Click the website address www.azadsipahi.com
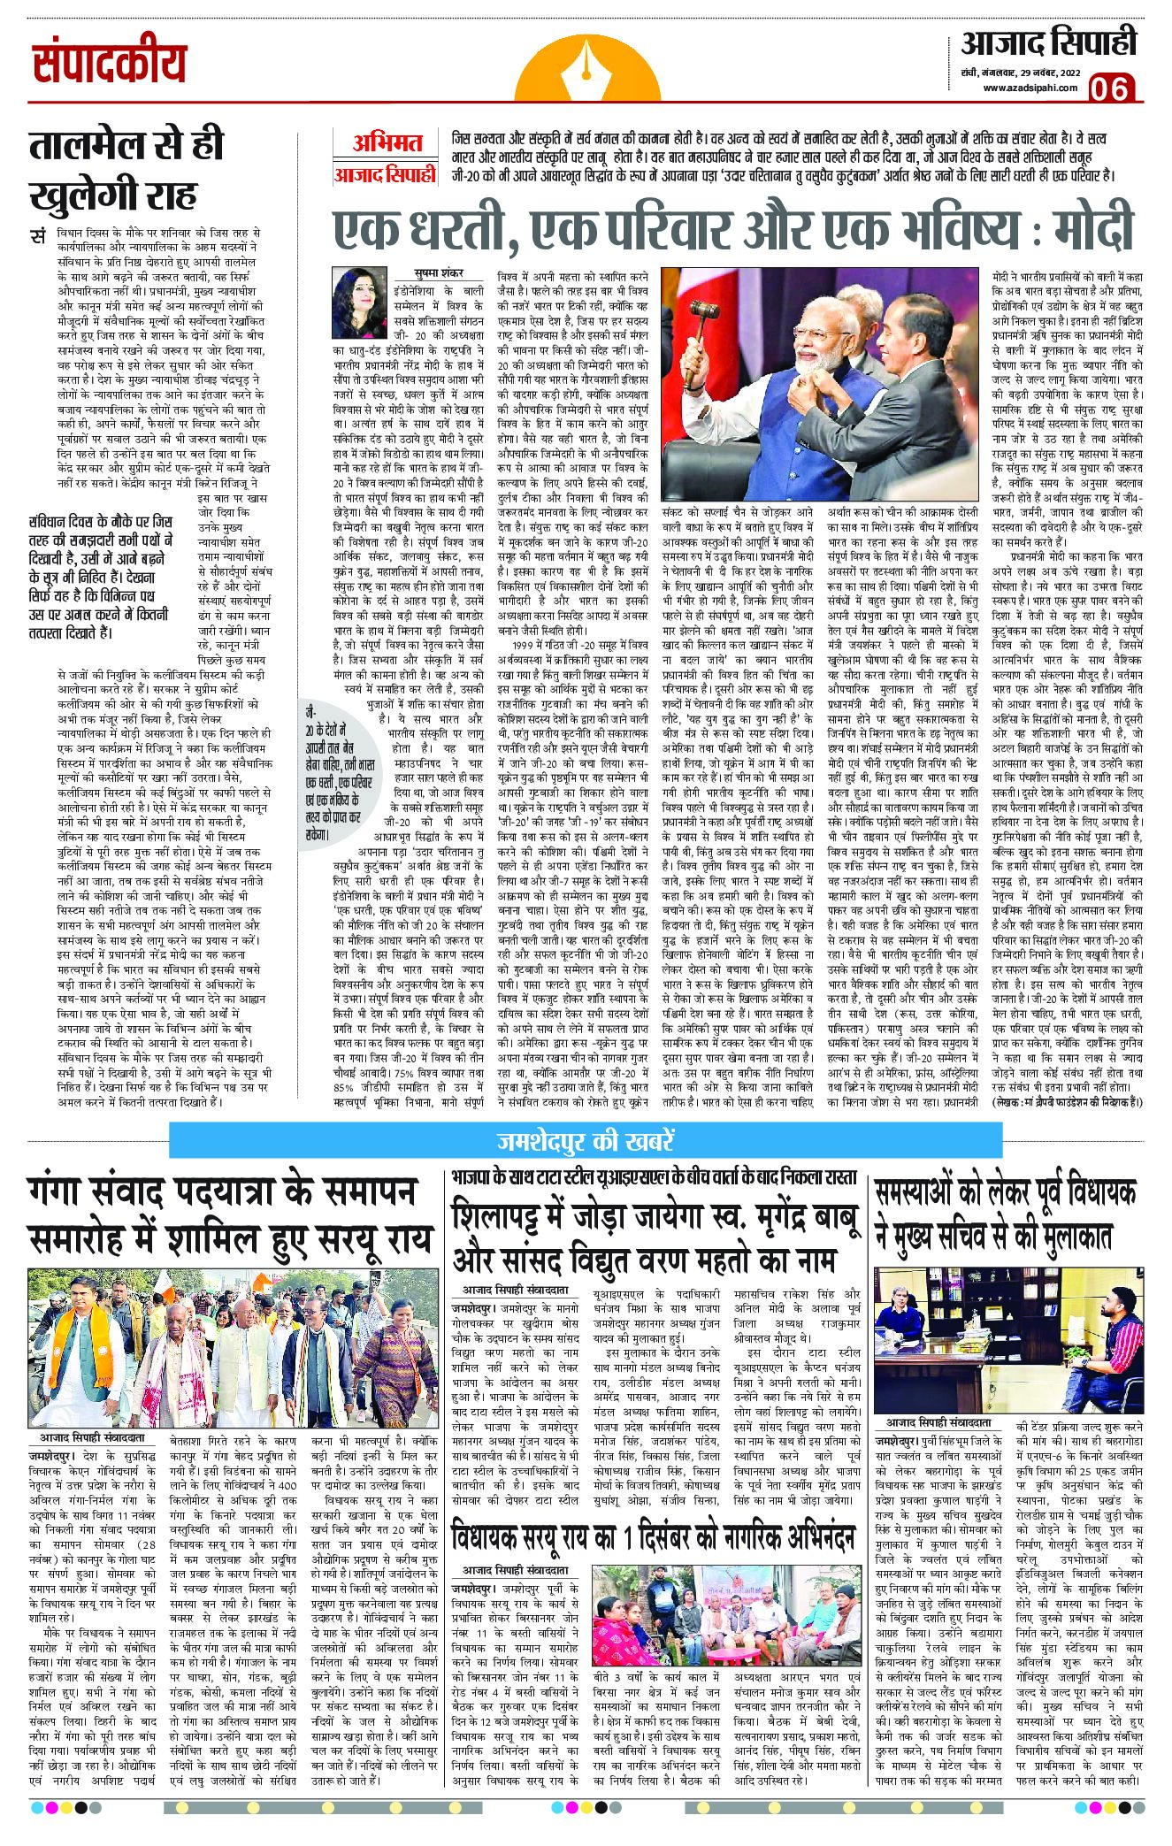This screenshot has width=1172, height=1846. [x=1027, y=87]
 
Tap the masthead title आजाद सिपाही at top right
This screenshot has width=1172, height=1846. [x=1047, y=42]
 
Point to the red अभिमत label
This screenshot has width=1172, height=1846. [x=387, y=142]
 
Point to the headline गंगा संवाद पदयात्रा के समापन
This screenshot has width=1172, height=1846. [x=220, y=1194]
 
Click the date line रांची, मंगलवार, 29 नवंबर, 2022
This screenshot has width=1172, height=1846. [x=1027, y=73]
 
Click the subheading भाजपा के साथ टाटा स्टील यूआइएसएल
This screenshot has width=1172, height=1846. [x=654, y=1177]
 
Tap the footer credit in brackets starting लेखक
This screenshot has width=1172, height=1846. [x=1062, y=1102]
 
